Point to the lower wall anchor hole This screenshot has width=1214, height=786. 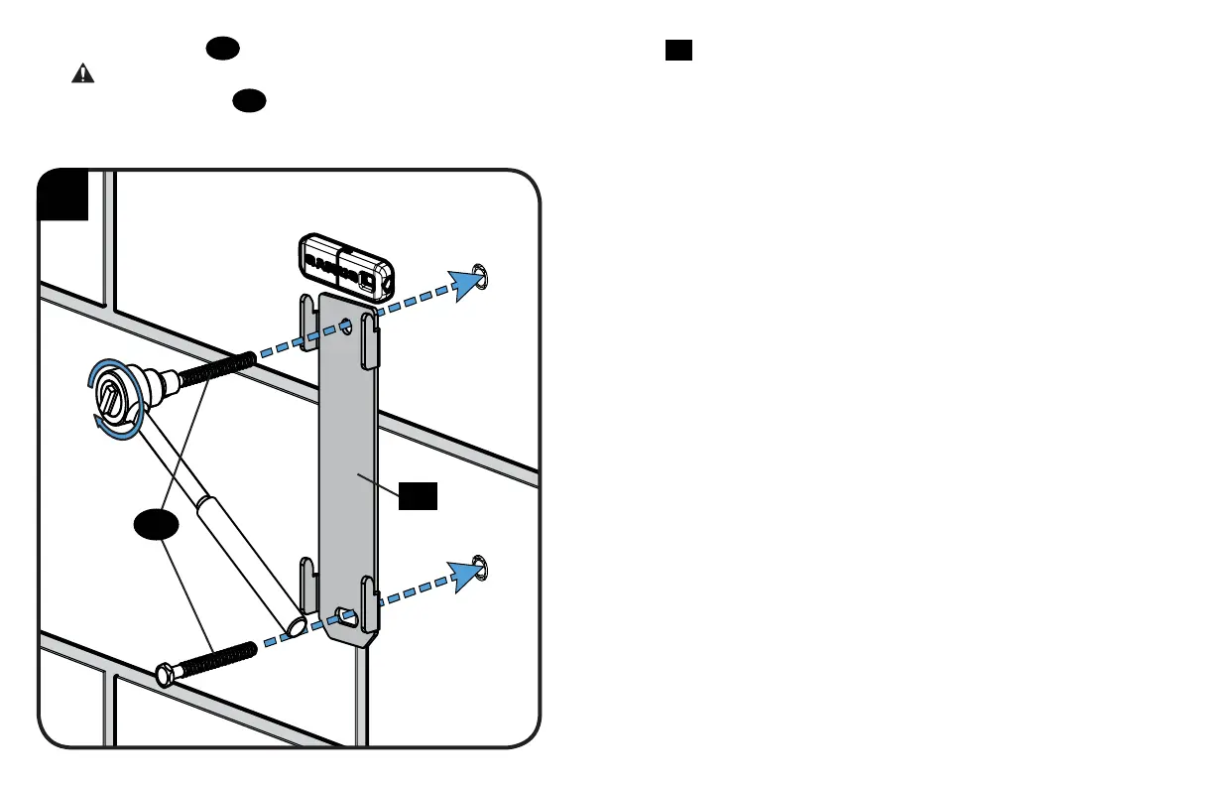click(x=481, y=566)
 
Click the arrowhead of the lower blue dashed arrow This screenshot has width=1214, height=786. click(x=465, y=575)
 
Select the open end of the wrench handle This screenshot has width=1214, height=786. click(x=298, y=626)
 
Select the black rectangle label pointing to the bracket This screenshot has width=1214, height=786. click(x=418, y=496)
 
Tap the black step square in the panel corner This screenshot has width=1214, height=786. click(x=64, y=195)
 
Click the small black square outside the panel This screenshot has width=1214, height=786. click(x=678, y=51)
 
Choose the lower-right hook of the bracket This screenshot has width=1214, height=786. click(x=369, y=601)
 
